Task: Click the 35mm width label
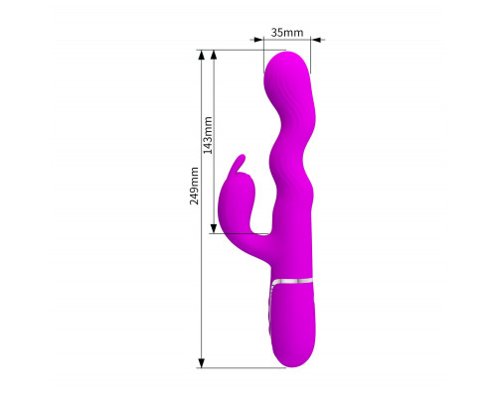coord(287,33)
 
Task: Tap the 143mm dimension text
coord(208,135)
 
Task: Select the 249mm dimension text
coord(194,186)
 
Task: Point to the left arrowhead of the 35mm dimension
coord(258,40)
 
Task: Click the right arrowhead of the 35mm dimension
coord(316,40)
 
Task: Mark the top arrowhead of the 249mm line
coord(201,56)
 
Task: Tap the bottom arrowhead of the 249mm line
coord(201,362)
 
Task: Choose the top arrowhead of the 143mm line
coord(214,56)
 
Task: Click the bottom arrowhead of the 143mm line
coord(214,228)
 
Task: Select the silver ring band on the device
coord(291,281)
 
